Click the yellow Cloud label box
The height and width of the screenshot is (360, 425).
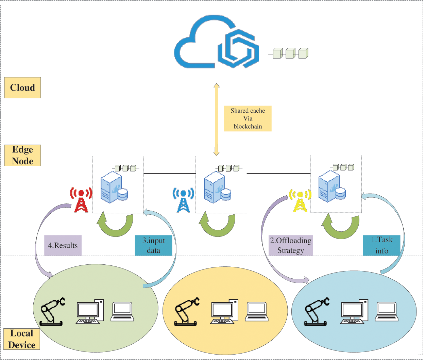coord(22,88)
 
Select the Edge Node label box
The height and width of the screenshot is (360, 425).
coord(22,156)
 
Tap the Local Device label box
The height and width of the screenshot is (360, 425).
coord(22,339)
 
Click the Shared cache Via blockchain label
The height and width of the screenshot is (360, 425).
coord(248,118)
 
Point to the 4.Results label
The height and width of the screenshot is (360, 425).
coord(63,245)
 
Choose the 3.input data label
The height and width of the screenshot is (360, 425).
coord(153,245)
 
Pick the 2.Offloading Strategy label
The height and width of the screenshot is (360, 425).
coord(290,245)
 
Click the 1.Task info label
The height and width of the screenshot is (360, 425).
coord(381,245)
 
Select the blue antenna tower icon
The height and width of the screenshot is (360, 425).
coord(183,200)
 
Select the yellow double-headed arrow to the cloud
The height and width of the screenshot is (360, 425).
coord(217,119)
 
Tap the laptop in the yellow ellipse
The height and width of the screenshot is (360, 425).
coord(257,312)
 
